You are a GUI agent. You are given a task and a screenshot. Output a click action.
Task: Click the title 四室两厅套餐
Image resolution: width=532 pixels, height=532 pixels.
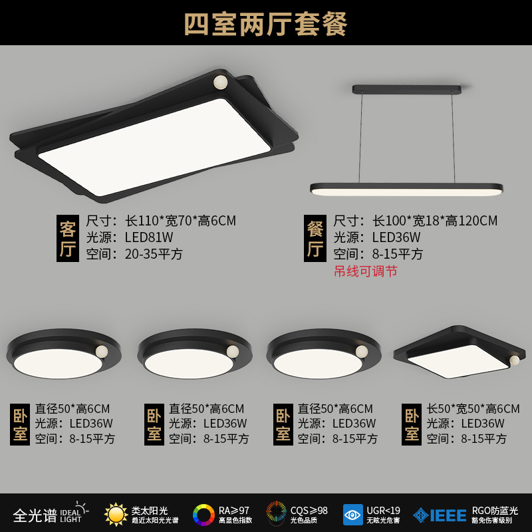(266, 23)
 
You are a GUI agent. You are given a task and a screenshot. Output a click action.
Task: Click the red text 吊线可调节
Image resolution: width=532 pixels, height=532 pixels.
(365, 271)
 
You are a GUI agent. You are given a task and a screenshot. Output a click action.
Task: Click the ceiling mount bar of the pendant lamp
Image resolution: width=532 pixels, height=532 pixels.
(406, 88)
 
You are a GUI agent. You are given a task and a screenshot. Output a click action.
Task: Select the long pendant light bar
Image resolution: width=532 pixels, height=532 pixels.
(406, 190)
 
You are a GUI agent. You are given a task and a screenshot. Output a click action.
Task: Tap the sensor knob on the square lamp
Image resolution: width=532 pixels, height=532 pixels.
(514, 360)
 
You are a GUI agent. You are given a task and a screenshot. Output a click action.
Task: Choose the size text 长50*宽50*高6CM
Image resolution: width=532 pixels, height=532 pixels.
(473, 409)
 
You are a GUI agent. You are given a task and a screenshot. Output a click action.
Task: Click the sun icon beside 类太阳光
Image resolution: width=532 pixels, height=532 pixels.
(116, 514)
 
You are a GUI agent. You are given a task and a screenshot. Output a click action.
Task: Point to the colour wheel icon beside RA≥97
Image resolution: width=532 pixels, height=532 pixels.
(203, 515)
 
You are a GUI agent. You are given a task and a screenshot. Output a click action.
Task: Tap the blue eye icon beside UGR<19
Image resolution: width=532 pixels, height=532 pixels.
(352, 515)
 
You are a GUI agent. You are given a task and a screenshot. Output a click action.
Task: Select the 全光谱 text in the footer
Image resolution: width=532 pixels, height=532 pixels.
(35, 515)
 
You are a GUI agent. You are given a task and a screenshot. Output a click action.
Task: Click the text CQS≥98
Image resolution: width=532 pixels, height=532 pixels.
(309, 510)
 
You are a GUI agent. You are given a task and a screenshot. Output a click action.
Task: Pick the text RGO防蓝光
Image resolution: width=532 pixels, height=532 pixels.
(495, 510)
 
